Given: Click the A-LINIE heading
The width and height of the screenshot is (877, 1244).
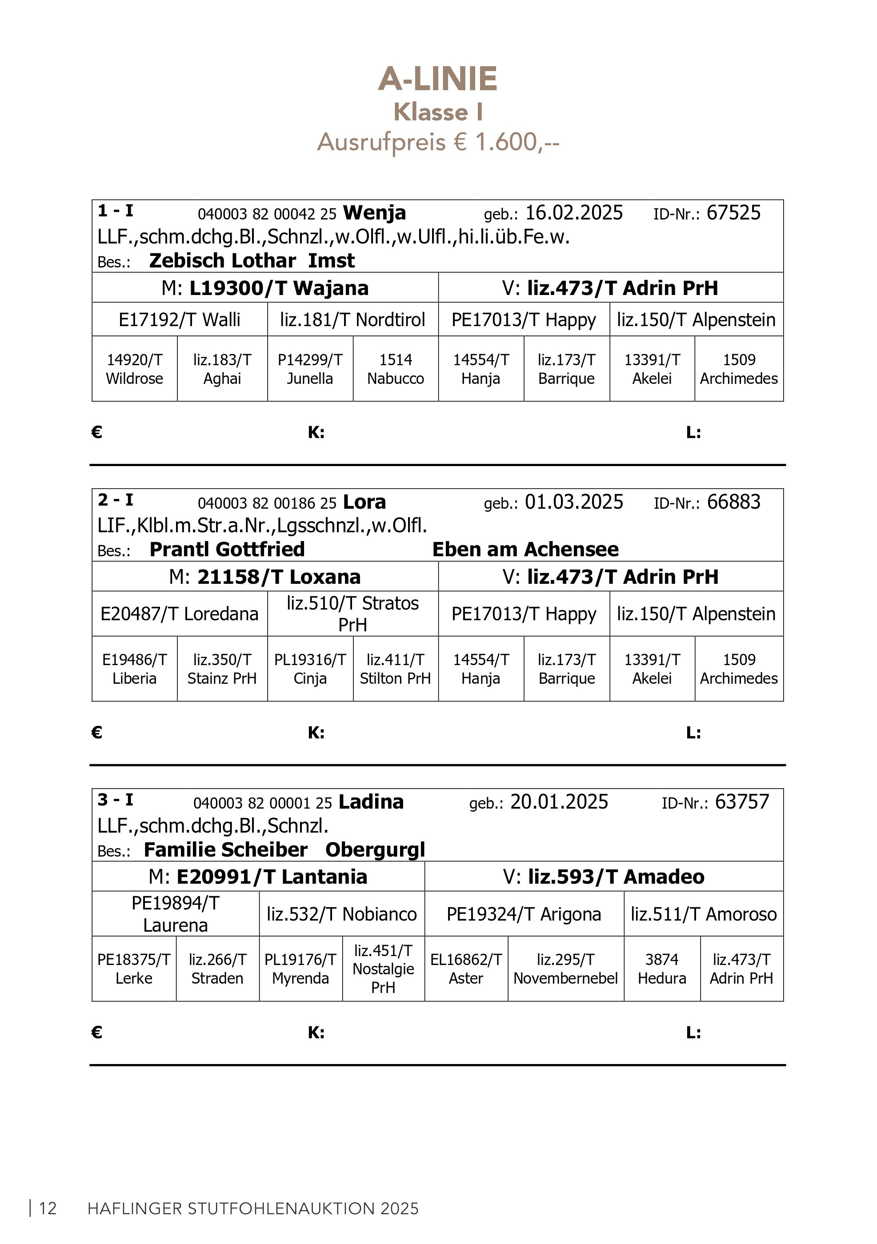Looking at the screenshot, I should tap(437, 79).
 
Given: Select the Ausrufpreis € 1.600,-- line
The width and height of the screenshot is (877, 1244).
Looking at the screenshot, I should tap(438, 142).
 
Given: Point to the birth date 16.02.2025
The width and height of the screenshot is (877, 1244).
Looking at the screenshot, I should tap(574, 212).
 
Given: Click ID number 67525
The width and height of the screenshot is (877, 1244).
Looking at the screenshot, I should tap(733, 212).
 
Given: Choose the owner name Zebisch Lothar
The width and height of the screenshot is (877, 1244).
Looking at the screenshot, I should tap(222, 261).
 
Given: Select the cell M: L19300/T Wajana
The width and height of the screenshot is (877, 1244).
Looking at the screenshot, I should tap(265, 288).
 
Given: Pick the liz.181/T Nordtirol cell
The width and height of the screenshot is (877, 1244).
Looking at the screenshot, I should tap(352, 320).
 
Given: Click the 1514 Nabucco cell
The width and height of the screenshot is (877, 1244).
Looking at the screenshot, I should tap(395, 369).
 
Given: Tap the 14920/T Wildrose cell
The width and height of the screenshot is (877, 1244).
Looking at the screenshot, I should tap(134, 369).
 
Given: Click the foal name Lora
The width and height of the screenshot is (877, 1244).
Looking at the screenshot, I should tap(364, 502).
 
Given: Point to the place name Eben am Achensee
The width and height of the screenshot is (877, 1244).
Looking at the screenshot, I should tap(525, 550).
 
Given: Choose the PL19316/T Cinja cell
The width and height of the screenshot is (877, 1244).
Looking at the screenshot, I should tap(310, 669).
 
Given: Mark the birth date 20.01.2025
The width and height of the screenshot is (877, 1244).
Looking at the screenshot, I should tap(559, 801).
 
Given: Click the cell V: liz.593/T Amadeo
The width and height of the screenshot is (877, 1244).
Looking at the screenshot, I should tap(603, 876).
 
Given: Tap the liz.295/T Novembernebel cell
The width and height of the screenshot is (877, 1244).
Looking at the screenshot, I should tap(565, 969).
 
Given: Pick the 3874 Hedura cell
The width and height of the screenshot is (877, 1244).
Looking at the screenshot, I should tap(662, 969).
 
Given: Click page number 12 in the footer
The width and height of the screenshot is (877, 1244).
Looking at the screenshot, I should tap(48, 1208).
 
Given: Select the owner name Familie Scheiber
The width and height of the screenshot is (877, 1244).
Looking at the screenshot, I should tap(225, 849).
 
